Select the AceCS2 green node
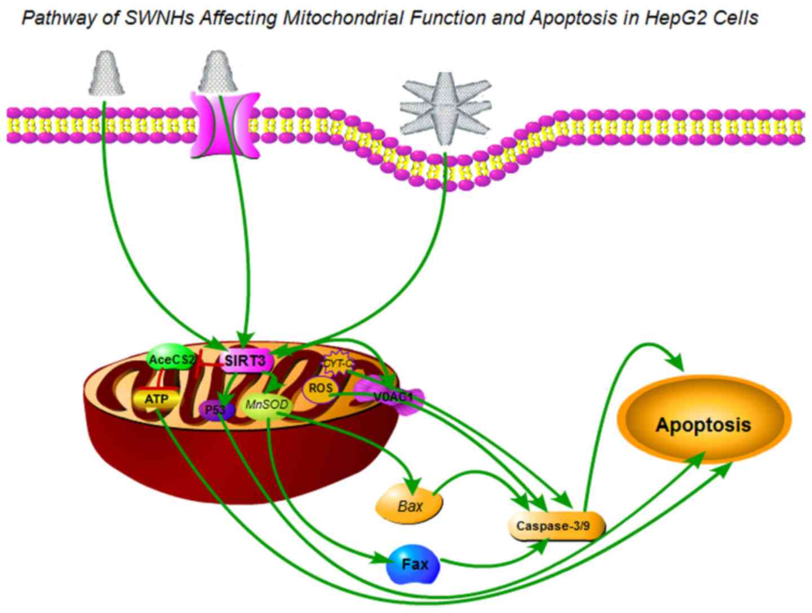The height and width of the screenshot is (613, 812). pos(171,359)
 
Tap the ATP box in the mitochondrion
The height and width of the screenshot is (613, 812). pos(156,399)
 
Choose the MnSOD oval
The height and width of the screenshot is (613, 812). pos(267,405)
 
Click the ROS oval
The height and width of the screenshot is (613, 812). pos(320,389)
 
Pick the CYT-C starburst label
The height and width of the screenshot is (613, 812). pos(337,363)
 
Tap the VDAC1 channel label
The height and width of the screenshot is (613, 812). pos(393,398)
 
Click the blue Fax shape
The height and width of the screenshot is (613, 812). pos(414,564)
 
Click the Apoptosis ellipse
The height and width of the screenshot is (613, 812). pos(703,424)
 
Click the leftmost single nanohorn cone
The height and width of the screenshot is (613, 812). pos(107,73)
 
